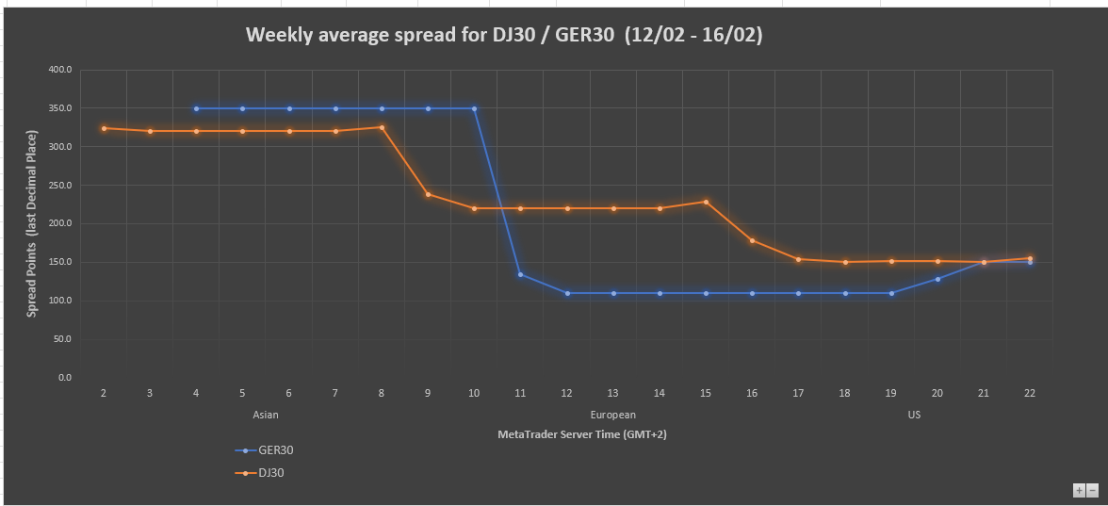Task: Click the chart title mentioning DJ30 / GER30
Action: [x=504, y=35]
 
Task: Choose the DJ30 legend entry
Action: [x=271, y=472]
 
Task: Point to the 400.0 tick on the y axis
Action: [x=59, y=70]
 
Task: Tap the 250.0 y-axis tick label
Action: [x=59, y=186]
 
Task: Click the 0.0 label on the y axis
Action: [x=65, y=377]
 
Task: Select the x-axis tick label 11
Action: [x=520, y=393]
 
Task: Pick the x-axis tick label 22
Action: [x=1030, y=393]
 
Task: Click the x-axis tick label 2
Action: [x=104, y=393]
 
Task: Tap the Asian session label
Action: [x=266, y=415]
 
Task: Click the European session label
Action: [x=613, y=415]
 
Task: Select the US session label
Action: [x=914, y=415]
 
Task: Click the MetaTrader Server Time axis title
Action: [x=582, y=434]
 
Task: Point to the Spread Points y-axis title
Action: [x=31, y=224]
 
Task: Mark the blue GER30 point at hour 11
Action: [x=520, y=274]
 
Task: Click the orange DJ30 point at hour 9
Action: [x=428, y=194]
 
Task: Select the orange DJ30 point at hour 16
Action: [x=752, y=240]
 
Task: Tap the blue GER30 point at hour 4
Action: [x=196, y=108]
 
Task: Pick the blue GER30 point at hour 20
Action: [x=937, y=279]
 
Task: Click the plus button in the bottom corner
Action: [x=1079, y=490]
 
